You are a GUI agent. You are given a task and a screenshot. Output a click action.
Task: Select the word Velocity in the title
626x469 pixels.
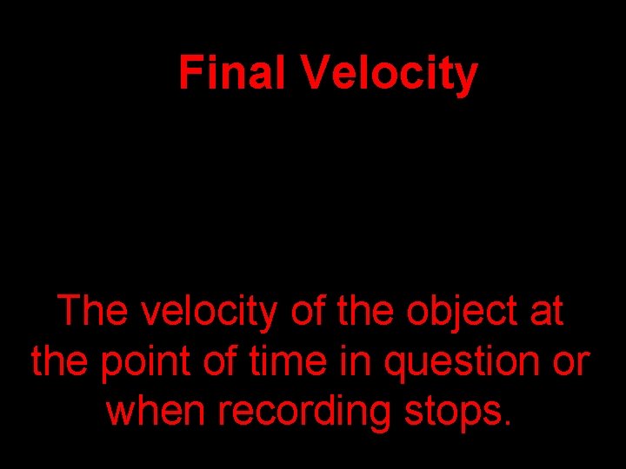(x=390, y=75)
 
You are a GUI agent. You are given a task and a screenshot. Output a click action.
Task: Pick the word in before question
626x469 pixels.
(x=358, y=360)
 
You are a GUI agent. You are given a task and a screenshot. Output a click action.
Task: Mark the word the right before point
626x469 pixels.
(x=60, y=360)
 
